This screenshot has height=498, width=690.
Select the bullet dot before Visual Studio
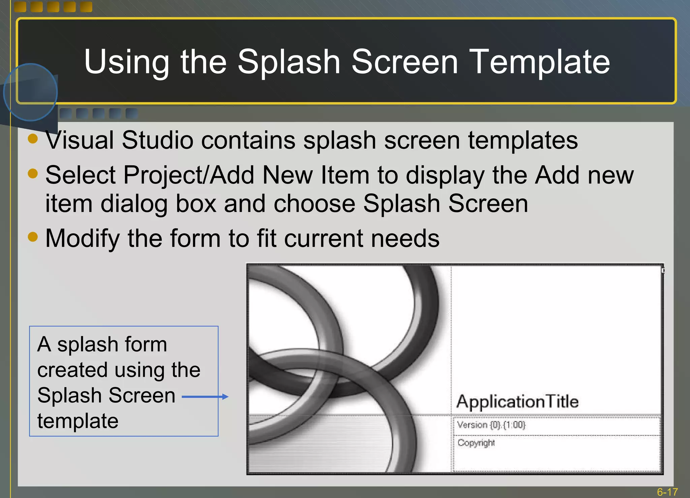(33, 138)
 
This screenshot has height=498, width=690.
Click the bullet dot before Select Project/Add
(33, 173)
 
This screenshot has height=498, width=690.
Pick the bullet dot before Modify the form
(33, 236)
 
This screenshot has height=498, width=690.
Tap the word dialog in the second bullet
(134, 204)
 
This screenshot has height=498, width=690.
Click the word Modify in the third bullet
(82, 238)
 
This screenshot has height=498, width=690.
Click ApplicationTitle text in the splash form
(517, 402)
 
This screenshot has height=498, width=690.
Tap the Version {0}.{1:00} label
(491, 425)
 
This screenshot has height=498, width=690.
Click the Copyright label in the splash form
(476, 443)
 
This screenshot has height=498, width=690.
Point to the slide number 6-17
(667, 492)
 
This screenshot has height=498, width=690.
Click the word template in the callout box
(78, 421)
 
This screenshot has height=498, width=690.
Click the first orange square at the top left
(20, 6)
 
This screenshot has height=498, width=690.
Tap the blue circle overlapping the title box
(30, 92)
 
